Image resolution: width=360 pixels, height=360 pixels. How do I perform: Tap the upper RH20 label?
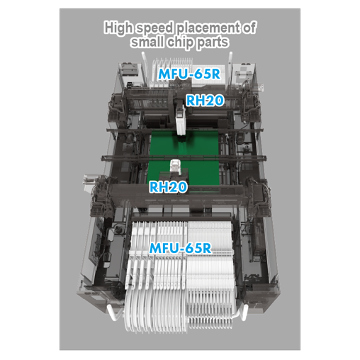point(205,101)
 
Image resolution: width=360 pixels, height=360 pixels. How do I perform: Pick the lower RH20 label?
point(168,188)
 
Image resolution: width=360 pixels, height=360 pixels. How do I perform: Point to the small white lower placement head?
point(175,169)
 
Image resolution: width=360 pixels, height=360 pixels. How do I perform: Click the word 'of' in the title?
point(249,28)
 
